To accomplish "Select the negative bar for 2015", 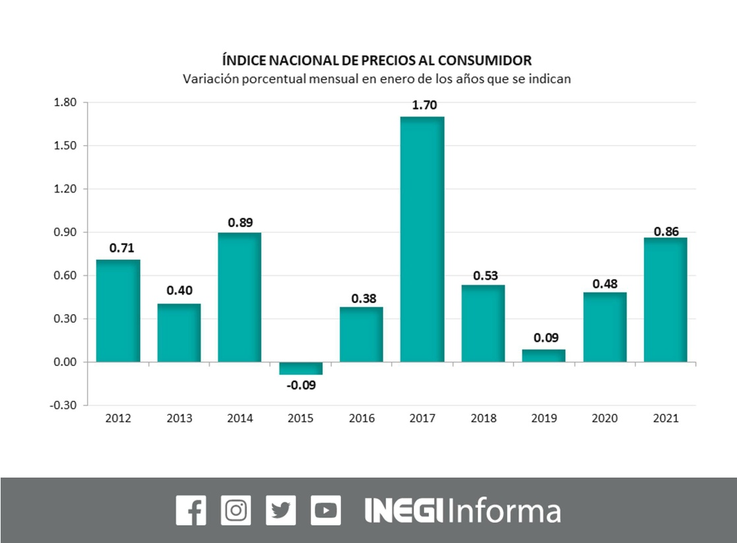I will click(x=301, y=368).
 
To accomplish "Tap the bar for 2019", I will click(x=544, y=356).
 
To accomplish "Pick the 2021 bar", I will click(x=665, y=300).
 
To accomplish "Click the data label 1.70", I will click(x=422, y=105).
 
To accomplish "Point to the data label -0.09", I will click(x=301, y=385).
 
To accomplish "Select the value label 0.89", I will click(x=240, y=222).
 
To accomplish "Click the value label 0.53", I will click(x=483, y=274).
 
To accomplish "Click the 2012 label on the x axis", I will click(x=118, y=418).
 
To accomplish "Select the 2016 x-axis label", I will click(x=362, y=418).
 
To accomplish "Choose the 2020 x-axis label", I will click(x=604, y=418).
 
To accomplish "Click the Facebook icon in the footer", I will click(x=191, y=510).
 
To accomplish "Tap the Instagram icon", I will click(x=236, y=510).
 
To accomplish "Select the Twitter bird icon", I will click(x=280, y=510).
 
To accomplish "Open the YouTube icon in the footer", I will click(x=326, y=510).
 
